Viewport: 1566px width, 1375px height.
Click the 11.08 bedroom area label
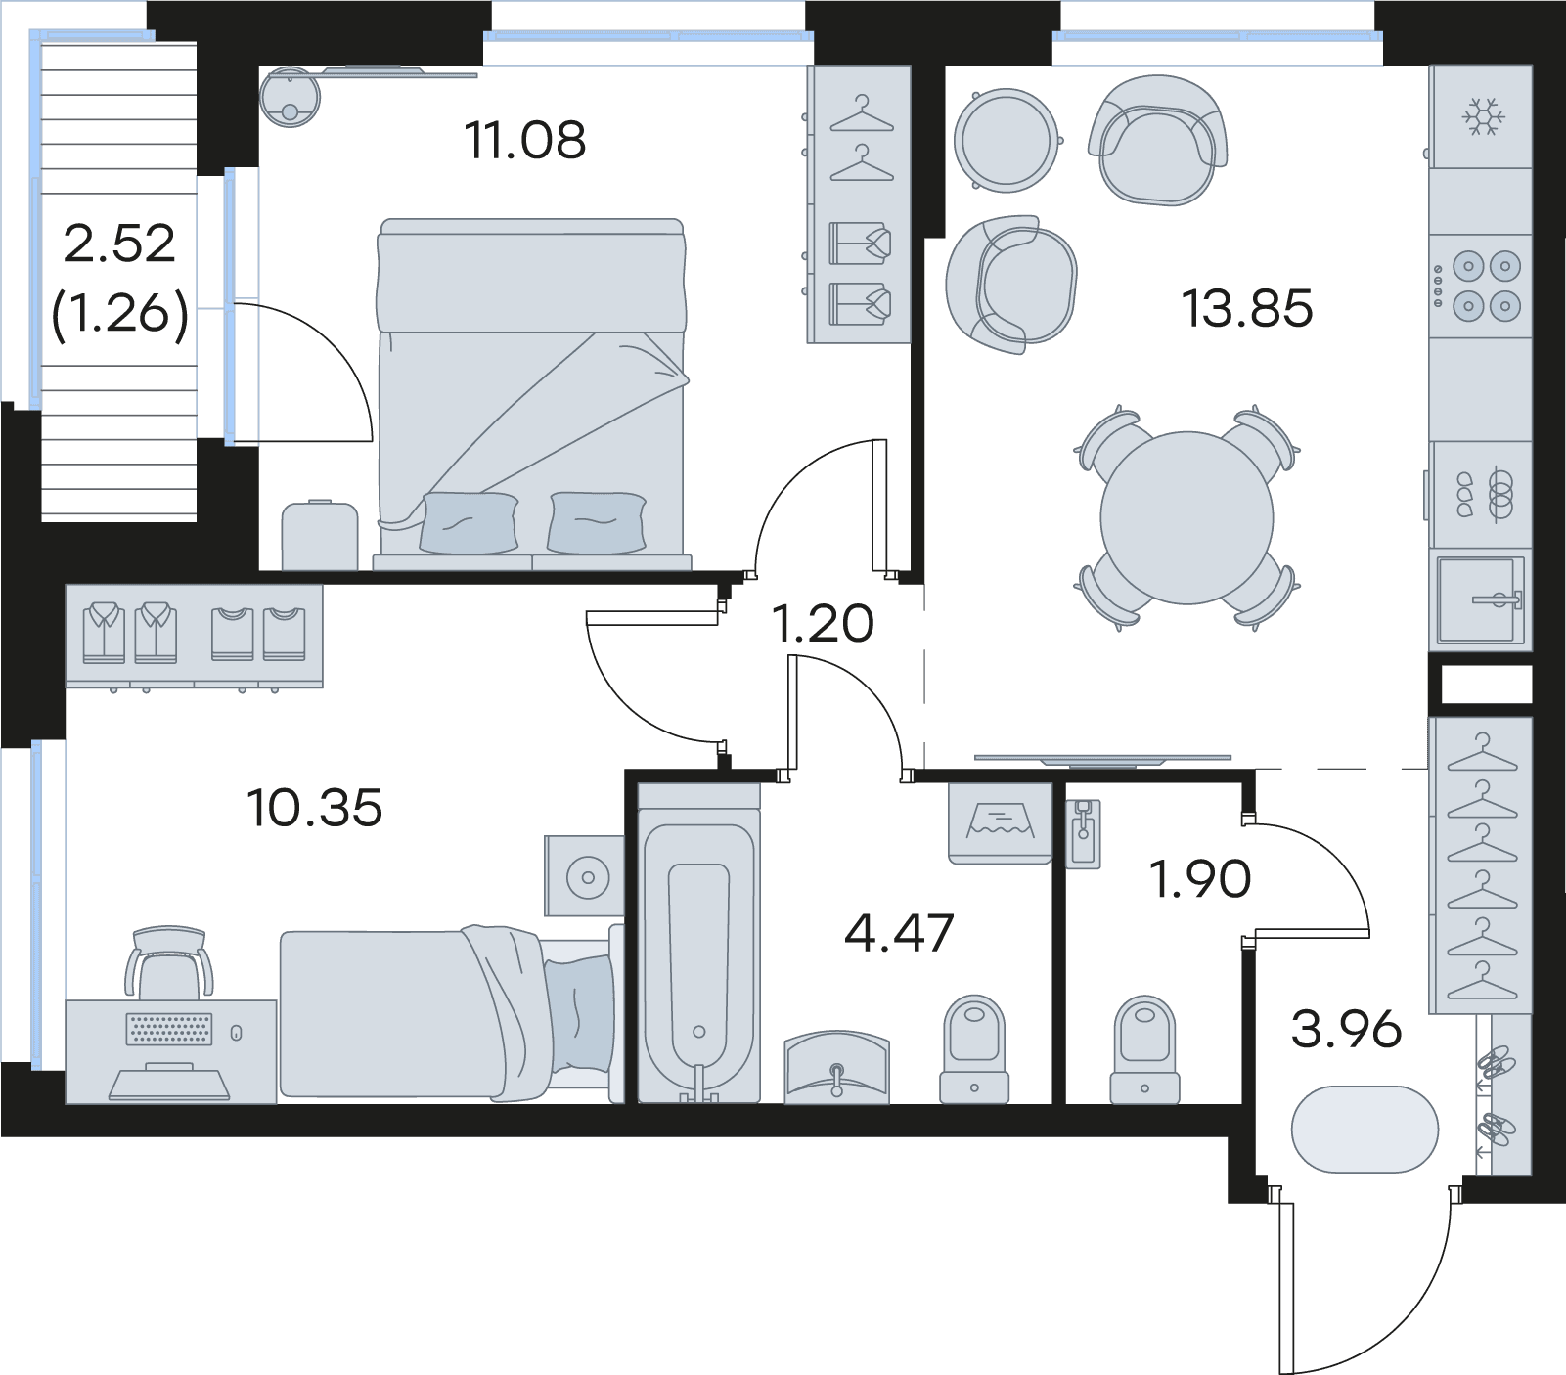[525, 140]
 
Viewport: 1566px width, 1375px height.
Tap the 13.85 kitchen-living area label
[1247, 308]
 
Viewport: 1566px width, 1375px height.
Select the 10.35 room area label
[314, 808]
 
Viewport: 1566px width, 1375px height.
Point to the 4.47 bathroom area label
[899, 933]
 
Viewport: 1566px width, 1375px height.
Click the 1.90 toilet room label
[1200, 878]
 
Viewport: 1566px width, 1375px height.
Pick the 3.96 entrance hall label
[1346, 1029]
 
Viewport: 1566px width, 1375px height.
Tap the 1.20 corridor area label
[823, 624]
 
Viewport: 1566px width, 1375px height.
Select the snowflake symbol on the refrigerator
[1483, 116]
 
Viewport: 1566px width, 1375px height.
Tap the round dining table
[1186, 517]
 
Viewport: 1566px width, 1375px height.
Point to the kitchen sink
[1480, 599]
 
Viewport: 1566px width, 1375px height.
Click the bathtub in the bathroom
[698, 946]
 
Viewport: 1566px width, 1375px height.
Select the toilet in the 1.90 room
[1144, 1049]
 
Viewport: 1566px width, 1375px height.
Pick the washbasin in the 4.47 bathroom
[837, 1067]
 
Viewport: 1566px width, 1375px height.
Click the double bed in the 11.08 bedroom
[532, 394]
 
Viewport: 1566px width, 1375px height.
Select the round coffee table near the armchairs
[1007, 139]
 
